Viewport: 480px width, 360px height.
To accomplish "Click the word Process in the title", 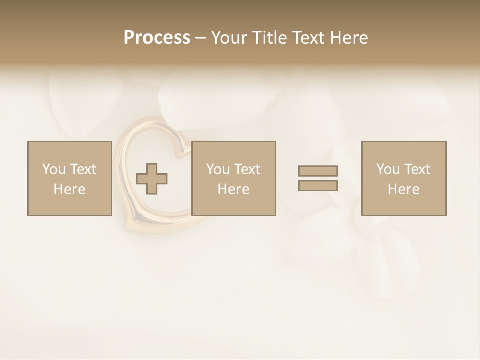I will [x=157, y=37].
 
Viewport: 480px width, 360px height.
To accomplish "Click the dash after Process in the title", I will [x=200, y=38].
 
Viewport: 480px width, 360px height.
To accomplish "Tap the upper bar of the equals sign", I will [x=318, y=171].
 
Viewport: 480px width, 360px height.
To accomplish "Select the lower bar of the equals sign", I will [x=318, y=186].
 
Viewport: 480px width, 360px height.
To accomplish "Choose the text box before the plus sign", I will [x=70, y=178].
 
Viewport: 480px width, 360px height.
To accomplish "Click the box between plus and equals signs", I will [x=234, y=178].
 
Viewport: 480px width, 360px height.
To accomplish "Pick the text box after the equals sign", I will [x=404, y=178].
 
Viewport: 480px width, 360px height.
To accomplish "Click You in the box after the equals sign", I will [x=387, y=169].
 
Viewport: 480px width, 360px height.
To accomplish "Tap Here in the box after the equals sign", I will [x=404, y=189].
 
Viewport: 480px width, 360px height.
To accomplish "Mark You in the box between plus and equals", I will [x=217, y=169].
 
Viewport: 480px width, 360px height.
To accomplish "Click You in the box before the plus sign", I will [x=53, y=169].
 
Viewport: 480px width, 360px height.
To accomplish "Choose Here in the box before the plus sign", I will [x=70, y=189].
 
